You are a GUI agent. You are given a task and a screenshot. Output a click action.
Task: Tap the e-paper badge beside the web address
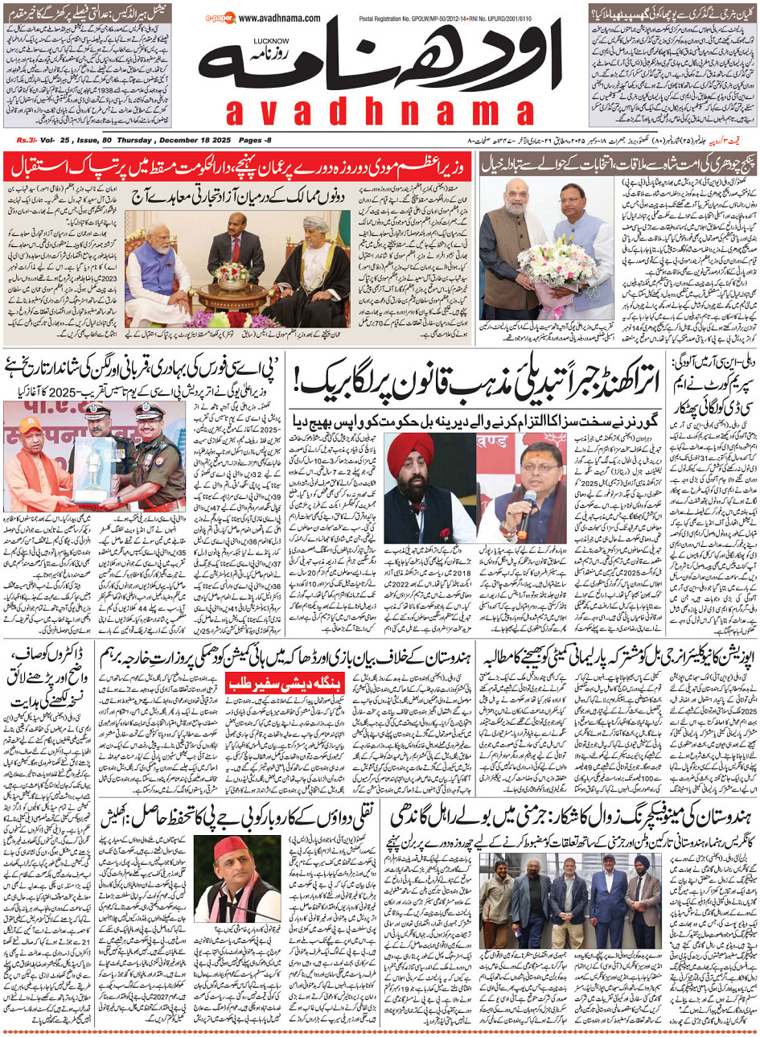218,16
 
